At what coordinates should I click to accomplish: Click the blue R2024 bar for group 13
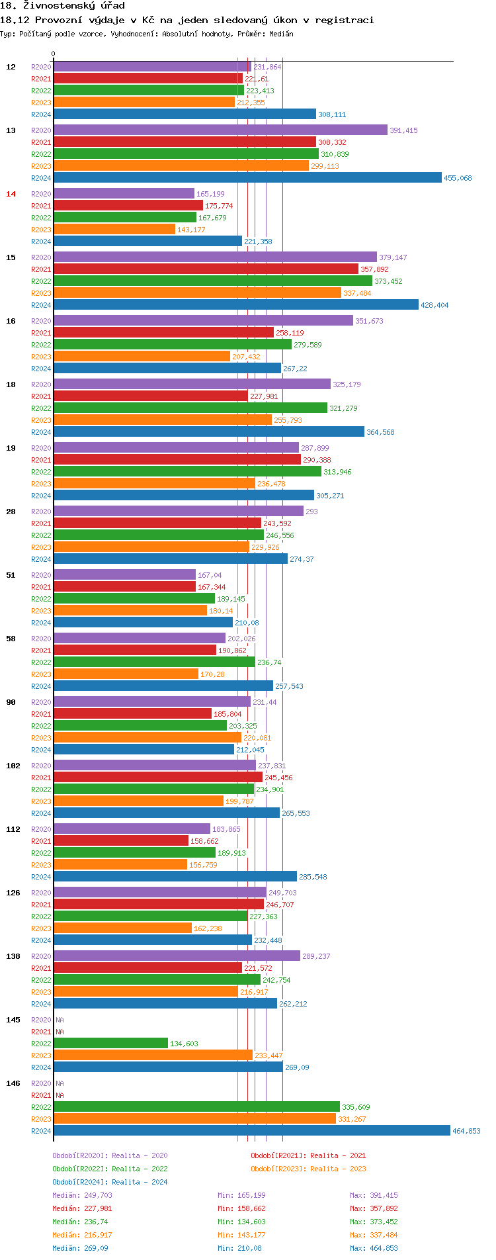point(247,177)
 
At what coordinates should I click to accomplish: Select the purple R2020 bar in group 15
point(215,257)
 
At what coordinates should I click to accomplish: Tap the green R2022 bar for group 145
point(110,1043)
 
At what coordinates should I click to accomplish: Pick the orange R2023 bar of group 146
point(194,1118)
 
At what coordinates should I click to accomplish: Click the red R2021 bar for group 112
point(121,840)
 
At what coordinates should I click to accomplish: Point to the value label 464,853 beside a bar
point(466,1131)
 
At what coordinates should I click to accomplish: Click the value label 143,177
point(191,230)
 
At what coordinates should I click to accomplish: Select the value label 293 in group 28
point(311,512)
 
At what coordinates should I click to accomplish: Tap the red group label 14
point(11,194)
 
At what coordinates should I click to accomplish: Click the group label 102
point(13,766)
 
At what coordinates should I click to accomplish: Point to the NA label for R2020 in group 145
point(60,1020)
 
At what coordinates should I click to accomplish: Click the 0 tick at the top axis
point(54,54)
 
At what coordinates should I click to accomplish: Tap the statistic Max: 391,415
point(374,1195)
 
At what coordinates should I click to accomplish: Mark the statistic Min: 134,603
point(241,1222)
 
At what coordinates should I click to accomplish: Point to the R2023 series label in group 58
point(41,674)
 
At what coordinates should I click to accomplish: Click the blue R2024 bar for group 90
point(144,749)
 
